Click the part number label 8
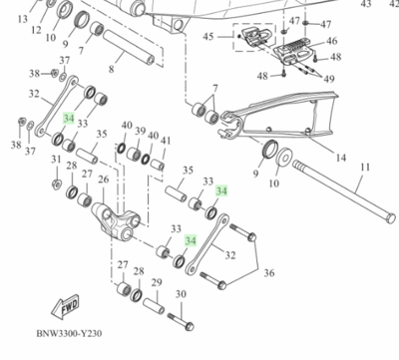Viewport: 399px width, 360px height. (112, 71)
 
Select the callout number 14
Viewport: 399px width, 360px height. (340, 158)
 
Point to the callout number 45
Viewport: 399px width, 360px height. (208, 37)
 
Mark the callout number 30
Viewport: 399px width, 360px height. (181, 294)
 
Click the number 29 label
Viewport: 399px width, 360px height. (156, 283)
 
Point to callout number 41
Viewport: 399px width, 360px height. (165, 142)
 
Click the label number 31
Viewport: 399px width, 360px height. (56, 160)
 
